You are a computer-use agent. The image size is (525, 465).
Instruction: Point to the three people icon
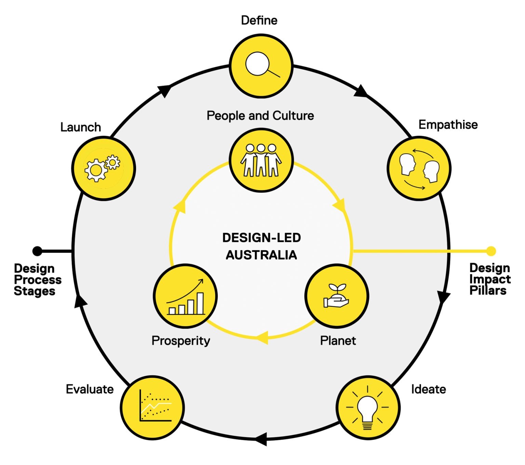pos(261,160)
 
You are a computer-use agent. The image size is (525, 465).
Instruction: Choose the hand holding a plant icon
pos(336,296)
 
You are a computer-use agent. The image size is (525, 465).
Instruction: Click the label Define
pos(259,20)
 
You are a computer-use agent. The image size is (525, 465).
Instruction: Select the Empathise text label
pos(448,125)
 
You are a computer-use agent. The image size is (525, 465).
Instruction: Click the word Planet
pos(338,340)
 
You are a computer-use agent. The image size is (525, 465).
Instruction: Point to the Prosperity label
pos(180,341)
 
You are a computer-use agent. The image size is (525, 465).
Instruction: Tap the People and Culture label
pos(260,116)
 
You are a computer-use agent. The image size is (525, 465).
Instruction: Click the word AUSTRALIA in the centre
pos(261,255)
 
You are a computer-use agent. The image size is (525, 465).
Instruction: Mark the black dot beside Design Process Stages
pos(37,251)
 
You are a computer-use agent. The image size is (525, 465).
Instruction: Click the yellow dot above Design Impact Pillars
pos(491,251)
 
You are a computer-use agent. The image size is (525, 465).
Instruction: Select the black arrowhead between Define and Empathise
pos(361,92)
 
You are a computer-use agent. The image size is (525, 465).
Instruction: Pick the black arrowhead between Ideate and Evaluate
pos(261,439)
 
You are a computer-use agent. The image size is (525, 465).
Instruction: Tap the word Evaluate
pos(90,389)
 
